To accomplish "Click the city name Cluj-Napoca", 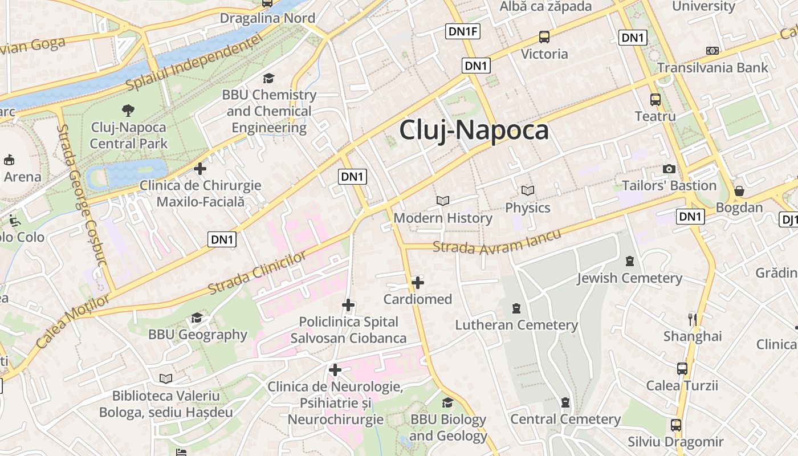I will click(474, 130).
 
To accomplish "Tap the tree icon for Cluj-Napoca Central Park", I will click(128, 111).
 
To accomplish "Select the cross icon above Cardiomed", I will click(418, 282).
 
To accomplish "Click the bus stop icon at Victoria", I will click(544, 38).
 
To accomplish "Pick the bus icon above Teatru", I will click(655, 100).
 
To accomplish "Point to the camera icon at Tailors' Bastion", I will click(669, 169).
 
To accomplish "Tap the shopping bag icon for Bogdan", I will click(739, 191).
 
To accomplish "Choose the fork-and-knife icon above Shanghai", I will click(693, 319).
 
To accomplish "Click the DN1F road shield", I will click(462, 31).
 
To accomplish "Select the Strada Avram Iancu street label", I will click(496, 241).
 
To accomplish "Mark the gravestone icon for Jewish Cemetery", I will click(629, 261).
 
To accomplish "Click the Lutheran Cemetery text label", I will click(516, 325).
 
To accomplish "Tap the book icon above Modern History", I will click(443, 201).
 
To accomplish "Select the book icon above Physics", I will click(528, 190).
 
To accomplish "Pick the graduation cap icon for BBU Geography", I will click(197, 317).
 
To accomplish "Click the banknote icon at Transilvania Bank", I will click(712, 51).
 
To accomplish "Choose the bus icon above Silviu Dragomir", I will click(676, 425).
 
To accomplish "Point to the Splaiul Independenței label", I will click(194, 62).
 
